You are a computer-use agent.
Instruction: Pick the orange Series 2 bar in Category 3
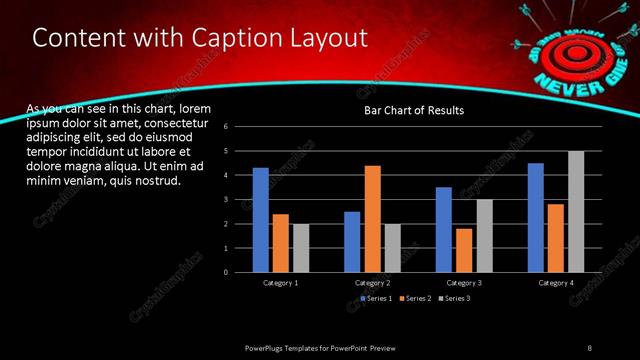click(x=464, y=250)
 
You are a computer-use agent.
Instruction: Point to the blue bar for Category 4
click(x=536, y=217)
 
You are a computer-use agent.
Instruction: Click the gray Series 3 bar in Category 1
click(x=301, y=248)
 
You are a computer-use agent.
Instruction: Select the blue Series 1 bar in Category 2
click(x=352, y=241)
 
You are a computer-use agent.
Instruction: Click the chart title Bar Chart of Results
click(x=413, y=110)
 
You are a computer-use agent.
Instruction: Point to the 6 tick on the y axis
click(x=227, y=127)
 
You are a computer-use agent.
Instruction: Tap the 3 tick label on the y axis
click(x=227, y=199)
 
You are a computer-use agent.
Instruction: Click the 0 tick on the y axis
click(x=227, y=272)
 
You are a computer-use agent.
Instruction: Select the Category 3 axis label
click(x=464, y=283)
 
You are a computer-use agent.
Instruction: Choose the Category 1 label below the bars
click(x=281, y=283)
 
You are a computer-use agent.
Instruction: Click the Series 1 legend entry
click(x=375, y=299)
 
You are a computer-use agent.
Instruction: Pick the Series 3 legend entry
click(x=454, y=299)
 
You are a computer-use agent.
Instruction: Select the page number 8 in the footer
click(x=589, y=347)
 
